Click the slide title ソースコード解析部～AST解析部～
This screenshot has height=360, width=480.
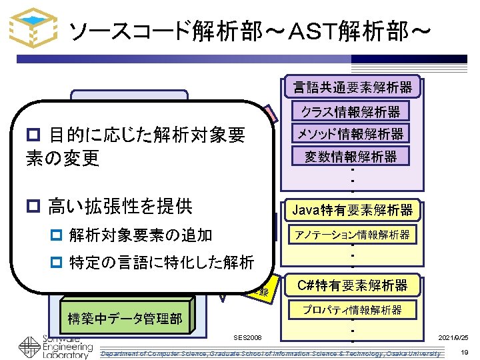click(x=251, y=30)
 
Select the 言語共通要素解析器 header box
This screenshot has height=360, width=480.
click(x=353, y=86)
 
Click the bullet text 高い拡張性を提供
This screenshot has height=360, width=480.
click(x=120, y=206)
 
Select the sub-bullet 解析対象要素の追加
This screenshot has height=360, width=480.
click(x=140, y=235)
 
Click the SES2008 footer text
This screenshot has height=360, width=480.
click(x=248, y=339)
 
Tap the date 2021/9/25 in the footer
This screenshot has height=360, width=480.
click(x=453, y=339)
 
